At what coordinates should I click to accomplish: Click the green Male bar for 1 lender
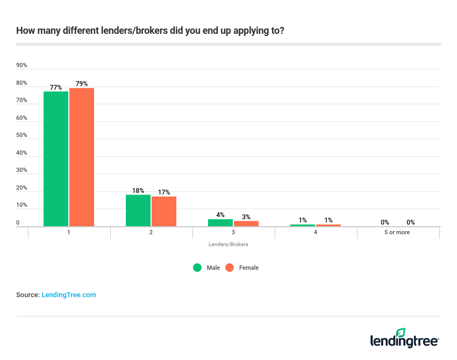point(56,159)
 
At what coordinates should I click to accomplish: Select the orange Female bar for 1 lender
point(82,157)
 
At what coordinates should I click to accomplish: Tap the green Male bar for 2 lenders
point(138,210)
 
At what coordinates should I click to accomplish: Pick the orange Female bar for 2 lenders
point(164,211)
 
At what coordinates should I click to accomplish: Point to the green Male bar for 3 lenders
point(220,222)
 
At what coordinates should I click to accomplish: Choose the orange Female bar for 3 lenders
point(246,224)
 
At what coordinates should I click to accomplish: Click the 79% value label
point(82,84)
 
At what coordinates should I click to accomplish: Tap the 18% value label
point(138,191)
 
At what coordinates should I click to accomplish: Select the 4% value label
point(220,215)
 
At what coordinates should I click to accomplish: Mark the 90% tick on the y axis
point(22,66)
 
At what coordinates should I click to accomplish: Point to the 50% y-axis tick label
point(22,135)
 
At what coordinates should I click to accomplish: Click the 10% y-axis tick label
point(22,205)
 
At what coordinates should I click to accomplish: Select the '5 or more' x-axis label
point(398,232)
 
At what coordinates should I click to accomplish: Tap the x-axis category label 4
point(316,232)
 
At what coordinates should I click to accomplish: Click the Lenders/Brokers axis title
point(228,244)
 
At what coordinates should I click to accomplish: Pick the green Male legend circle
point(197,268)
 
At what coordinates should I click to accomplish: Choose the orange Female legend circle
point(230,268)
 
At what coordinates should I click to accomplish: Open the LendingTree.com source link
point(69,295)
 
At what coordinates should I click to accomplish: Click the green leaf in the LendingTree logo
point(401,333)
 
